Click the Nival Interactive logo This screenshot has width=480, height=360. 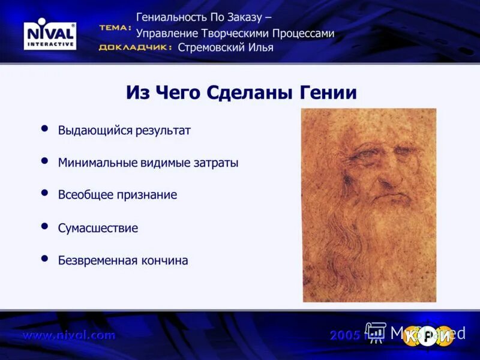click(x=50, y=35)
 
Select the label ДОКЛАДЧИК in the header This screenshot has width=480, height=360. click(x=135, y=47)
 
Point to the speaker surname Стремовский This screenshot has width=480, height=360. click(x=212, y=47)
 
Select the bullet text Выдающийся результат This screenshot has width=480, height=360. click(x=124, y=131)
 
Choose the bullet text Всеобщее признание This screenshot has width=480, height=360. click(x=118, y=195)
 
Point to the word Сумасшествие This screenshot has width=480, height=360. click(x=98, y=228)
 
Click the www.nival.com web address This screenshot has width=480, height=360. click(x=69, y=335)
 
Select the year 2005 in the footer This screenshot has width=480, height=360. click(x=345, y=335)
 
